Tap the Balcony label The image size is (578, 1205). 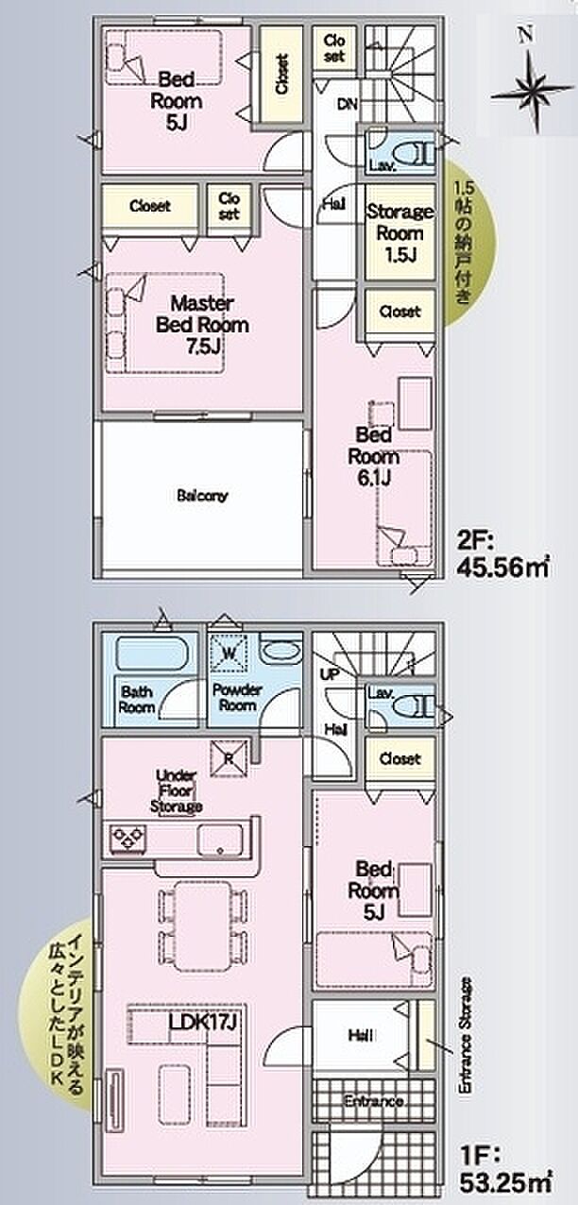(x=202, y=495)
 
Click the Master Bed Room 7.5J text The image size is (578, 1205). (x=202, y=325)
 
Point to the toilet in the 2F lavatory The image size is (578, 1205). (x=412, y=151)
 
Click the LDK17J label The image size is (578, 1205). (x=201, y=1022)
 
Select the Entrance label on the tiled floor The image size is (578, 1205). (x=373, y=1101)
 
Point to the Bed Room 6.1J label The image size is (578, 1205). (x=376, y=456)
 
